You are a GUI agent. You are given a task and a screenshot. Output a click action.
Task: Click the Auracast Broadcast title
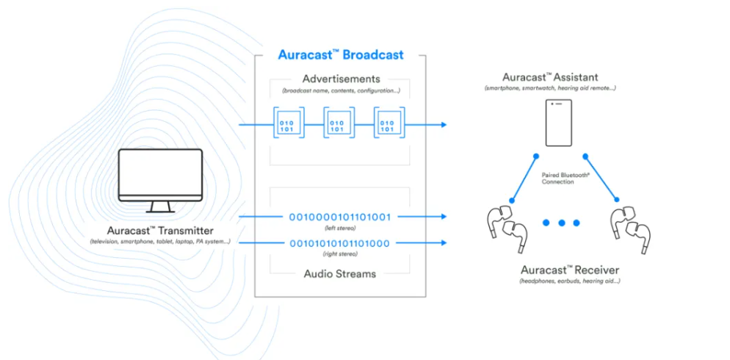pyautogui.click(x=340, y=54)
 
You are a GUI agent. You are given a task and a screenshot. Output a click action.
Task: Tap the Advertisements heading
pyautogui.click(x=341, y=79)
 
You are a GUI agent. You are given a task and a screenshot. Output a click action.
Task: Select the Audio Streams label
pyautogui.click(x=340, y=274)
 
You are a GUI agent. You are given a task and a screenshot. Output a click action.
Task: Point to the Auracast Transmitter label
pyautogui.click(x=159, y=230)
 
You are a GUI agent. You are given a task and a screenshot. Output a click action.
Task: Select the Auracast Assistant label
pyautogui.click(x=560, y=76)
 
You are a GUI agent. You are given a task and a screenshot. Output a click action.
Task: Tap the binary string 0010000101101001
pyautogui.click(x=340, y=217)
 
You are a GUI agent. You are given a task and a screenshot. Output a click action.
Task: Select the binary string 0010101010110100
pyautogui.click(x=340, y=243)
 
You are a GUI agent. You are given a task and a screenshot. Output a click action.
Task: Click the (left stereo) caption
pyautogui.click(x=340, y=228)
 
